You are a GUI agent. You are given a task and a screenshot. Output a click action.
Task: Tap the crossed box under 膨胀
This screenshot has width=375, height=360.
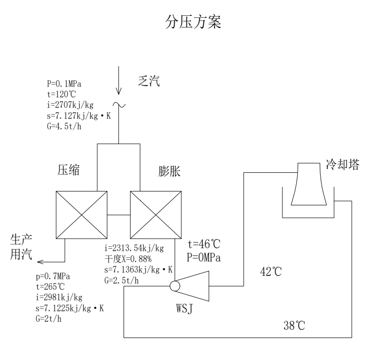[x=154, y=215]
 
